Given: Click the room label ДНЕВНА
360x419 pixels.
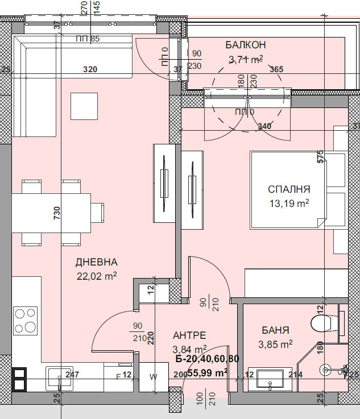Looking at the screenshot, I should click(x=96, y=262).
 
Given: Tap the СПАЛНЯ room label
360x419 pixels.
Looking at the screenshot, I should click(x=289, y=189).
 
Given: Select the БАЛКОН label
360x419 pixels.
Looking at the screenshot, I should click(x=246, y=45).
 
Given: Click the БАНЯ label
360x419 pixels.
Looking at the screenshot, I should click(x=276, y=330).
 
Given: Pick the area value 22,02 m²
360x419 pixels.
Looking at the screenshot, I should click(x=96, y=276).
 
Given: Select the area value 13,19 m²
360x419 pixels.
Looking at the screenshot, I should click(x=289, y=203).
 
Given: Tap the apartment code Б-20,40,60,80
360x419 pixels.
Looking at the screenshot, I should click(x=207, y=359).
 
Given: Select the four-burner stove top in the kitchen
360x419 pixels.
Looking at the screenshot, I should click(x=25, y=321).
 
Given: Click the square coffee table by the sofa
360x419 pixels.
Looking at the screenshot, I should click(x=84, y=106).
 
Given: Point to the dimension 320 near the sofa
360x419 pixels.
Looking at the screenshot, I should click(x=90, y=69).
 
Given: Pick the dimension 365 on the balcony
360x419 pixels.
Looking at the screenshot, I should click(x=276, y=69).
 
